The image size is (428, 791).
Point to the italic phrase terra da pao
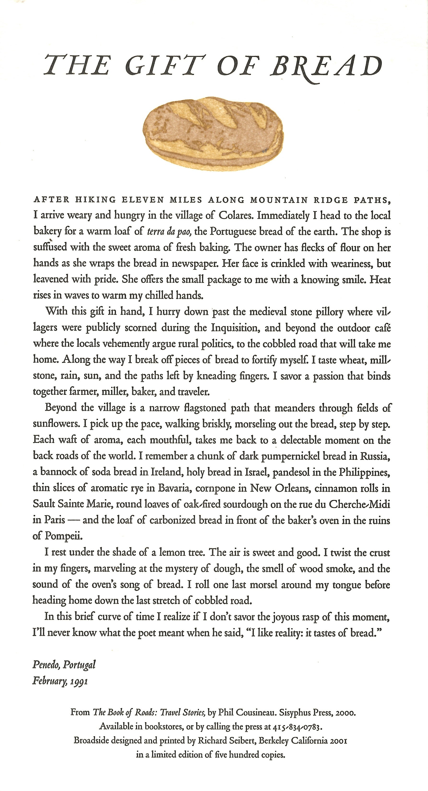coord(170,232)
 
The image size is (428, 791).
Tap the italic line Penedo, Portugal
coord(64,664)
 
